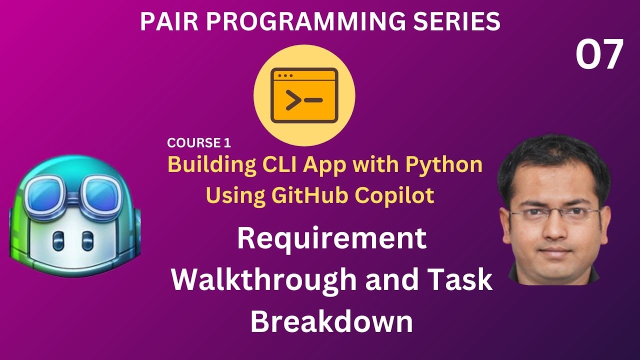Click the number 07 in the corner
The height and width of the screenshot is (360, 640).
(x=599, y=55)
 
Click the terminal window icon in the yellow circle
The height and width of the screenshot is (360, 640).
(x=304, y=96)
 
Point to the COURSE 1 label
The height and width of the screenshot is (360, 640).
(x=199, y=143)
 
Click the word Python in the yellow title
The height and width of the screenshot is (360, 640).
(x=450, y=165)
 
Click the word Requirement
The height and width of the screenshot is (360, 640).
(x=331, y=239)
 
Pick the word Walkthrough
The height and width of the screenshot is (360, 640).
(x=264, y=280)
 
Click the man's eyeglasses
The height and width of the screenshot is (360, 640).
(x=553, y=214)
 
